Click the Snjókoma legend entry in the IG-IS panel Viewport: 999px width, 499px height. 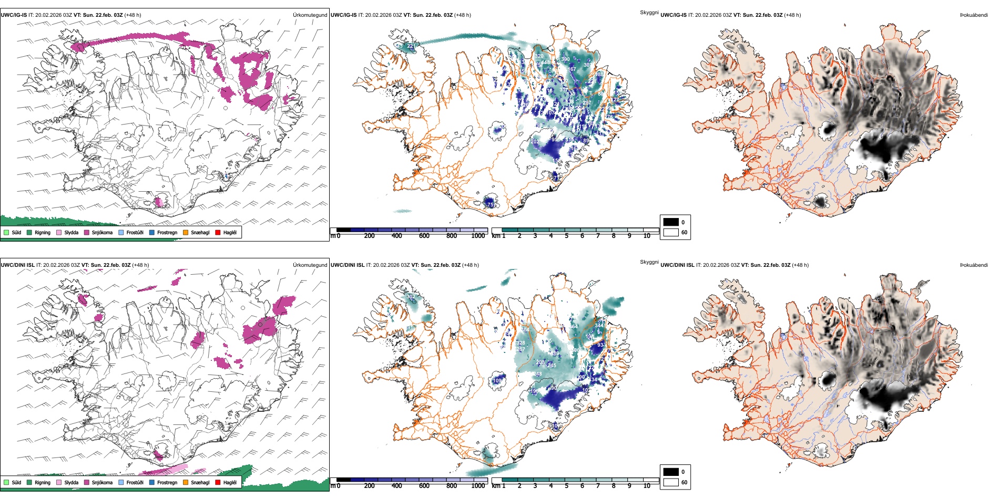102,232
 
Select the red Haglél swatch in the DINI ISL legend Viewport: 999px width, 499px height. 218,482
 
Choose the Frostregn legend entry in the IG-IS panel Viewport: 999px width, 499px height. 167,232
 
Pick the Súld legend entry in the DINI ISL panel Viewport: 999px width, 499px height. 16,482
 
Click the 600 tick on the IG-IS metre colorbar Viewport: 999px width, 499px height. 424,236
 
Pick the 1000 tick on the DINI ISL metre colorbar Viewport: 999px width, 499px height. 478,486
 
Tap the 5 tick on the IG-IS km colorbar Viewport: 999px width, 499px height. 566,236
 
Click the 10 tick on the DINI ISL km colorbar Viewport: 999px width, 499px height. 647,486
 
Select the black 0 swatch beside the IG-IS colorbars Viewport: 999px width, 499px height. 671,222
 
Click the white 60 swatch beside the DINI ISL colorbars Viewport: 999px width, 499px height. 671,482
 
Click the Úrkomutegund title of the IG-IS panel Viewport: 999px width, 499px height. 310,15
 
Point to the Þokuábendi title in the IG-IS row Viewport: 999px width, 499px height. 974,15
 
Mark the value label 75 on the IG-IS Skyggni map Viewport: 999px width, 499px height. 490,204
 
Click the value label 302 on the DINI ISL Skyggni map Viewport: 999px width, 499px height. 411,297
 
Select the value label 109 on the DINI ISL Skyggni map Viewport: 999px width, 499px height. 497,380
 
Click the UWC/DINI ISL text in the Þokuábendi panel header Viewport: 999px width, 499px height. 677,265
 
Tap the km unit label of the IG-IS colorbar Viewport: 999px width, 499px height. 496,236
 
